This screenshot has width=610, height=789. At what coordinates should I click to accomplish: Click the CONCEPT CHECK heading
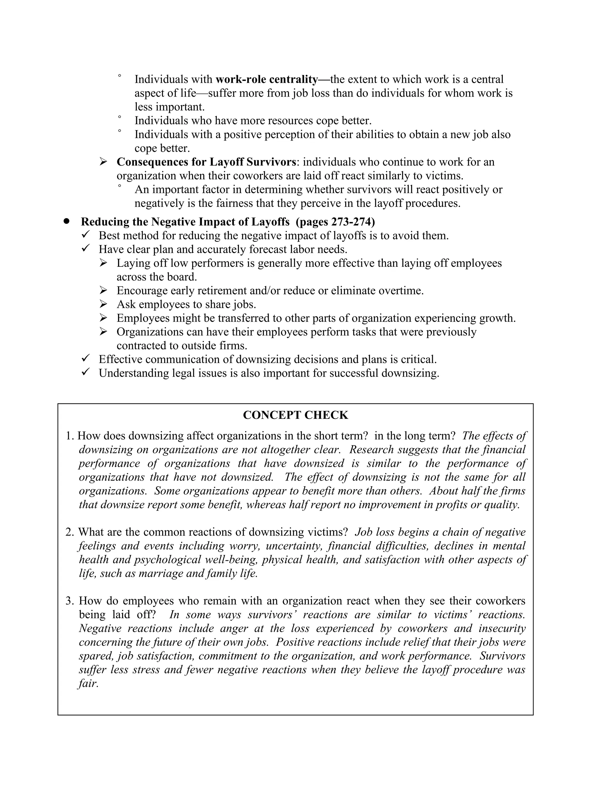pyautogui.click(x=295, y=415)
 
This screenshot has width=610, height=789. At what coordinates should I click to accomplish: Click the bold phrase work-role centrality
pyautogui.click(x=267, y=79)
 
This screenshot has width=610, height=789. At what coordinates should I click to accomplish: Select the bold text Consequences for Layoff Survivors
pyautogui.click(x=206, y=162)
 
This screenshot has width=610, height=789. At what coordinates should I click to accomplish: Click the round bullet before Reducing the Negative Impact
pyautogui.click(x=66, y=221)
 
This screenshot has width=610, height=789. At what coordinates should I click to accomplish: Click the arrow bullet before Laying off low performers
pyautogui.click(x=103, y=263)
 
